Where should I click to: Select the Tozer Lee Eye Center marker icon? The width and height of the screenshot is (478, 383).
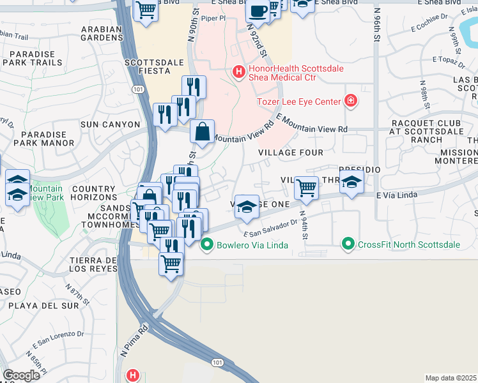click(x=350, y=100)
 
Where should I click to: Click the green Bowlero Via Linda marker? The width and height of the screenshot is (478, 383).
click(x=207, y=244)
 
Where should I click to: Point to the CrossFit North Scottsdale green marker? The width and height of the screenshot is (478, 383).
click(x=348, y=244)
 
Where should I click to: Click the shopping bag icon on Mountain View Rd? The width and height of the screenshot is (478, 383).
click(x=202, y=132)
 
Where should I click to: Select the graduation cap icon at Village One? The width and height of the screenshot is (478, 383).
click(x=247, y=206)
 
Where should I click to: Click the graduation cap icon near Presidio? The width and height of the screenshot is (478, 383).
click(x=351, y=181)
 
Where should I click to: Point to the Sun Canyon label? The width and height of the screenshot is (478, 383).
click(x=114, y=124)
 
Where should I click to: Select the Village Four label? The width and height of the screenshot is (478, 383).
click(x=291, y=153)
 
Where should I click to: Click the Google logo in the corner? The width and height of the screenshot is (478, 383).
click(x=21, y=375)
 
